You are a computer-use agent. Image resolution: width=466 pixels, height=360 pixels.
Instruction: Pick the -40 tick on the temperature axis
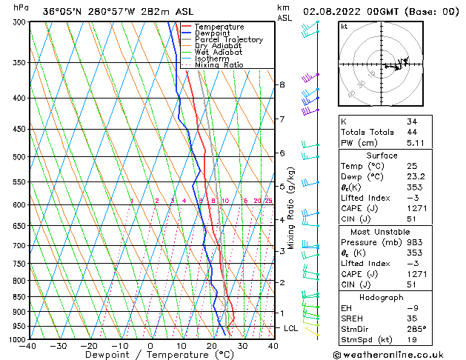[x=28, y=346]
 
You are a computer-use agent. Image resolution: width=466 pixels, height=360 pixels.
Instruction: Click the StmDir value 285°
[x=415, y=329]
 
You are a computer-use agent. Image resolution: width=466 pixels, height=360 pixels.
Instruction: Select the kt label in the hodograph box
[x=344, y=26]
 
